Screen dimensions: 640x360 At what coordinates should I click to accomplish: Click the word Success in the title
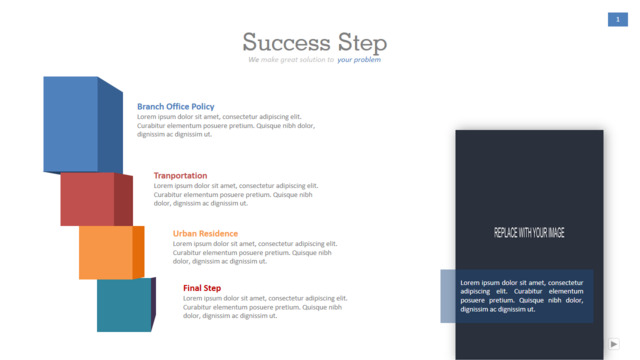pos(287,42)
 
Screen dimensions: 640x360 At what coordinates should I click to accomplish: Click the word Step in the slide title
pos(362,43)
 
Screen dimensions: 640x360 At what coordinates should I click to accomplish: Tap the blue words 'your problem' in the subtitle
pos(359,60)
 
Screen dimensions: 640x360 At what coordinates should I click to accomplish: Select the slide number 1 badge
pos(618,19)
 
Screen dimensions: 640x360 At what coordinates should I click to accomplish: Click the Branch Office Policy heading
pos(176,107)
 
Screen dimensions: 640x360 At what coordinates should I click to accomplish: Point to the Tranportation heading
pos(180,176)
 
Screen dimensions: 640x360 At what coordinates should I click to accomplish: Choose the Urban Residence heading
pos(205,233)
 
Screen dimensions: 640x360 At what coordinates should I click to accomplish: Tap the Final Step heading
pos(202,288)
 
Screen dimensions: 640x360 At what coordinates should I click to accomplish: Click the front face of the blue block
pos(71,124)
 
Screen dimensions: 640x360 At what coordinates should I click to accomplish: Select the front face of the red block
pos(87,199)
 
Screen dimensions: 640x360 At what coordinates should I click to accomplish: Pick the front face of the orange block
pos(106,253)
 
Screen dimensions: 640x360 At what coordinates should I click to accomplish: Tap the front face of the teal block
pos(124,305)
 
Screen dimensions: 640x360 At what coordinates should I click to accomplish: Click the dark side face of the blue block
pos(110,126)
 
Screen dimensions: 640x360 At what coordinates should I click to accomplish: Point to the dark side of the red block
pos(123,200)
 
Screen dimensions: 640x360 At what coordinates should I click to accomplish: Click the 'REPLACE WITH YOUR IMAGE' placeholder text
pos(529,233)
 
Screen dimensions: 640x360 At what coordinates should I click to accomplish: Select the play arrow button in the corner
pos(613,344)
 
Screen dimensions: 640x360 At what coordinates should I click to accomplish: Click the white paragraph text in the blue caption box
pos(522,296)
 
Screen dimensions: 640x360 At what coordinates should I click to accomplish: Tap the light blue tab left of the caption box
pos(448,296)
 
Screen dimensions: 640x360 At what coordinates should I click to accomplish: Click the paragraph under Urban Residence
pos(255,253)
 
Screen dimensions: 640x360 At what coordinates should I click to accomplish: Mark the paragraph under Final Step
pos(265,307)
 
